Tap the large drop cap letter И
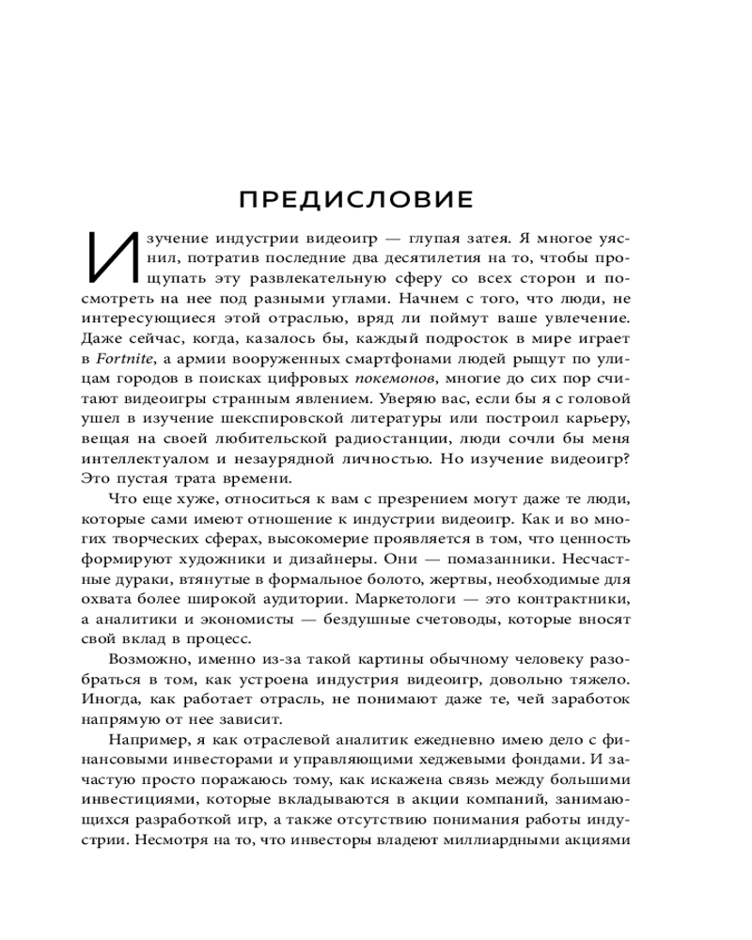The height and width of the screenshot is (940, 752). coord(109,256)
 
